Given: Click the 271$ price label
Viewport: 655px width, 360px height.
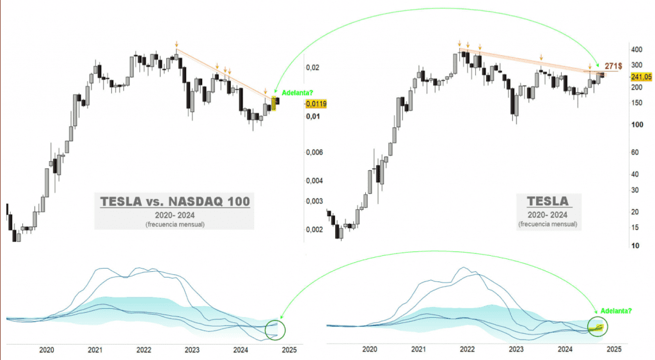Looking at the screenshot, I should click(x=615, y=65).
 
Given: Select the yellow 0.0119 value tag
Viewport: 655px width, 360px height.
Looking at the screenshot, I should click(x=316, y=104).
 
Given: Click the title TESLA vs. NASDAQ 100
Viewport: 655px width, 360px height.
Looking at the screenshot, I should click(x=175, y=202).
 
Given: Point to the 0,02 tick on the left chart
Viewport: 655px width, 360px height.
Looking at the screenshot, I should click(x=312, y=68).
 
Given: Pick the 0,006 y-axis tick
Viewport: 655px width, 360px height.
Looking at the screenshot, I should click(x=314, y=152).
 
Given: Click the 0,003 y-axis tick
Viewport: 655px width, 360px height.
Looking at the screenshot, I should click(x=314, y=201).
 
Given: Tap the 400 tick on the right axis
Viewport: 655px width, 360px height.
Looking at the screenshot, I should click(x=636, y=49).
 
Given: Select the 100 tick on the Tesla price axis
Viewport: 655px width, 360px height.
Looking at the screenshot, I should click(x=636, y=125).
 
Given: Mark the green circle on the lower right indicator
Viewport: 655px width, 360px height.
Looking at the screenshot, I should click(x=597, y=327).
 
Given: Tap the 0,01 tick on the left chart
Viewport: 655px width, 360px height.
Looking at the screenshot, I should click(x=312, y=116).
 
